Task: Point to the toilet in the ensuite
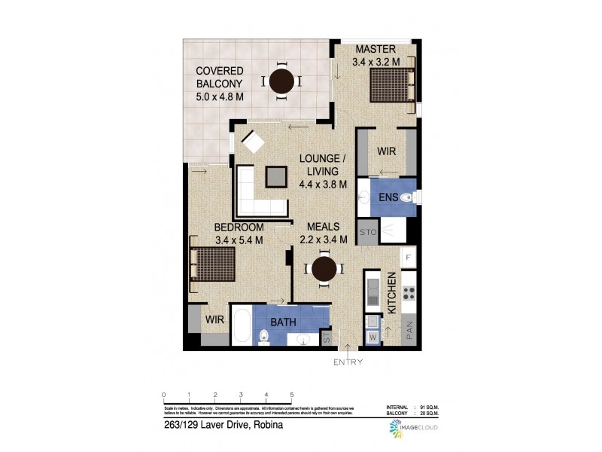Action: click(x=406, y=198)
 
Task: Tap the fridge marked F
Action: click(x=409, y=258)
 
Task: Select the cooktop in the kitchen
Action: click(x=409, y=292)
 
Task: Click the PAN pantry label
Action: click(x=410, y=331)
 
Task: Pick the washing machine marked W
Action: click(x=373, y=337)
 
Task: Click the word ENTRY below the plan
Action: click(x=348, y=362)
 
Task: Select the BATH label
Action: click(x=284, y=322)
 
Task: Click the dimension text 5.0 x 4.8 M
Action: click(x=220, y=96)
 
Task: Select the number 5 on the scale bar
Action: click(x=291, y=395)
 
